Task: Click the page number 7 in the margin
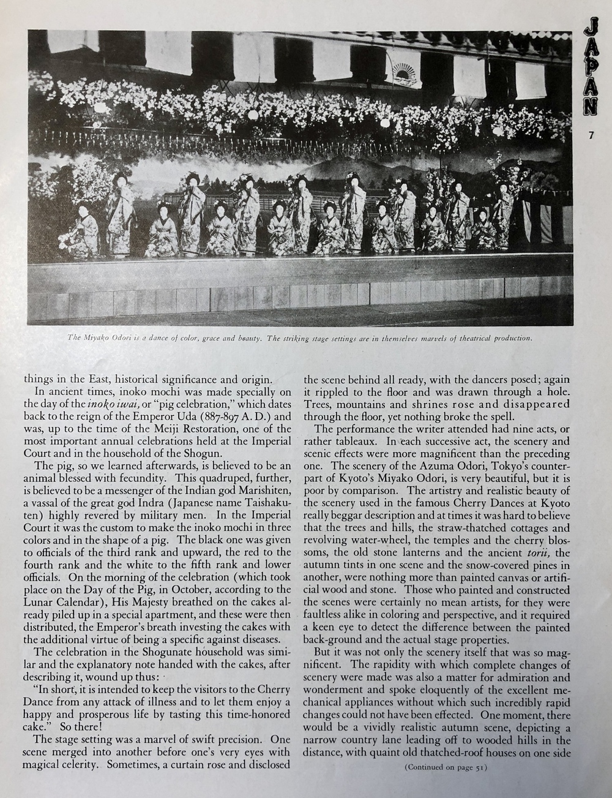[591, 136]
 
